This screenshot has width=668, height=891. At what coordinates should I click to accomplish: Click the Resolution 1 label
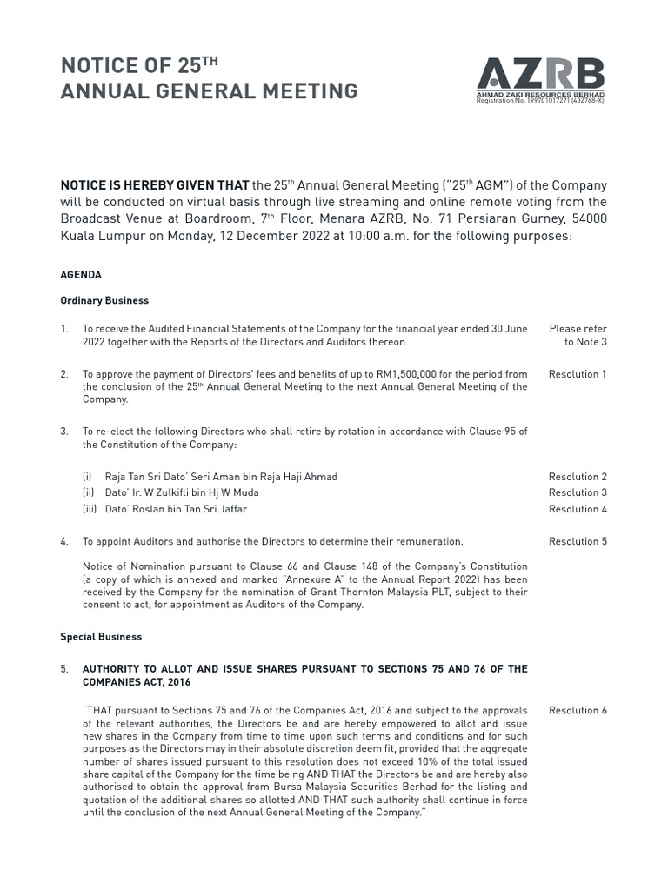coord(578,374)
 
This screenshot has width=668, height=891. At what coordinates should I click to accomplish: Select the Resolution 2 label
coord(578,477)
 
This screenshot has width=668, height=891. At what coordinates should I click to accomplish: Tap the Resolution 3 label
coord(578,492)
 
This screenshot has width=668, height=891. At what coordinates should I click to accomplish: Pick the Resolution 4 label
coord(578,509)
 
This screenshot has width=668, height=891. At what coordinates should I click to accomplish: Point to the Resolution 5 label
coord(578,541)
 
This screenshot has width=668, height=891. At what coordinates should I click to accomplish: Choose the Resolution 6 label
coord(578,710)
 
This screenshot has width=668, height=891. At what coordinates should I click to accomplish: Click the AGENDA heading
coord(81,275)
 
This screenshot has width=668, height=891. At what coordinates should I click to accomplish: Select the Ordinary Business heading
coord(104,301)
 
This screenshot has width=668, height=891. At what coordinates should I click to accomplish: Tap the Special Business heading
coord(101,637)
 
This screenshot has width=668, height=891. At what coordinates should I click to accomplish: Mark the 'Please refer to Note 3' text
coord(578,335)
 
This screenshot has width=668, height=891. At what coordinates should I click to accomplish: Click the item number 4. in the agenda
coord(64,541)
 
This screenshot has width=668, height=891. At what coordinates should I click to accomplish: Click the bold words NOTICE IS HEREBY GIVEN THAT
coord(154,185)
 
